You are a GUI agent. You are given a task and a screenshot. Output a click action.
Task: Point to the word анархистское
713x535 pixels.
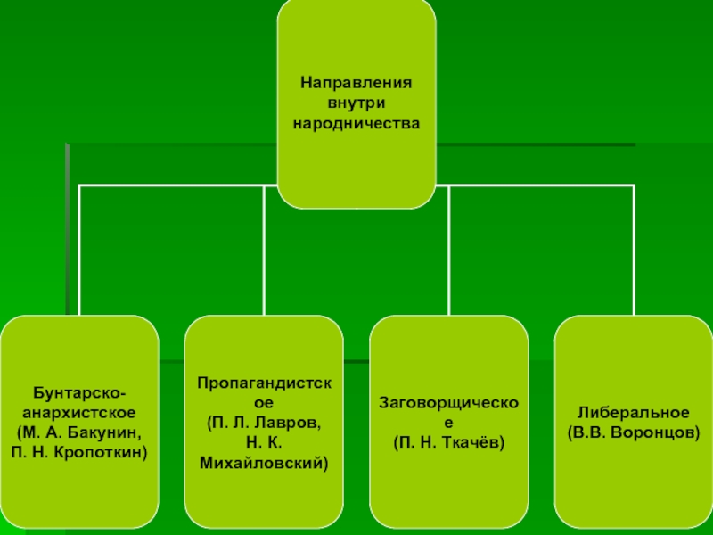(79, 414)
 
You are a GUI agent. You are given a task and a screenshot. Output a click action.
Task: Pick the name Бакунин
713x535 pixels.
(111, 432)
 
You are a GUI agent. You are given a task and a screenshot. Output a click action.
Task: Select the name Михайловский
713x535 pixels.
(264, 462)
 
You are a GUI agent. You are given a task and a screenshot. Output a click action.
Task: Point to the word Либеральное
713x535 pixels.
(634, 413)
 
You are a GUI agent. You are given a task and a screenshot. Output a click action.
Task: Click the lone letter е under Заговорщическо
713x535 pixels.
(449, 423)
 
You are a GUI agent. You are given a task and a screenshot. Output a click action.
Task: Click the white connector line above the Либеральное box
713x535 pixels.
(634, 250)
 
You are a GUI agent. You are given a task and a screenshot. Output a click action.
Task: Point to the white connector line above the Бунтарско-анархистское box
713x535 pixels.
(79, 250)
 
